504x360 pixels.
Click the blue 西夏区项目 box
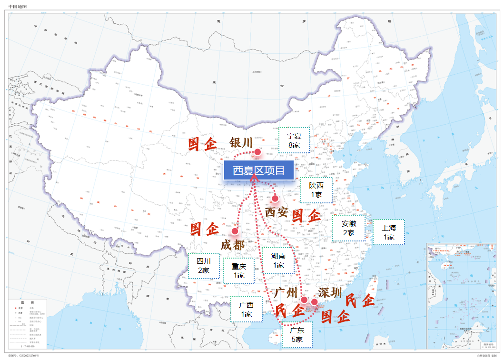click(x=258, y=170)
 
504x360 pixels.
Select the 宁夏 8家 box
click(x=294, y=140)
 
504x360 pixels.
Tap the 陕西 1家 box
click(x=316, y=190)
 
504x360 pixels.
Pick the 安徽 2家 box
click(x=348, y=228)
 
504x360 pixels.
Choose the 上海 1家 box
click(x=388, y=232)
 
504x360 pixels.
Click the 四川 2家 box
click(x=204, y=266)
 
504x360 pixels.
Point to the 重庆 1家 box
click(x=239, y=270)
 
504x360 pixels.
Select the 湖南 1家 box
click(x=278, y=260)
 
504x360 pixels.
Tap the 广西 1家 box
click(x=246, y=310)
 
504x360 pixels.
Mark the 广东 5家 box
click(x=297, y=335)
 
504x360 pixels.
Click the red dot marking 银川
click(x=257, y=152)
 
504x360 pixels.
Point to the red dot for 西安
click(x=275, y=198)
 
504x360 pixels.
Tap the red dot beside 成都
click(x=235, y=231)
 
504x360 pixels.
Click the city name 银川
click(x=241, y=143)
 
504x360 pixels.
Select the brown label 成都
click(x=233, y=245)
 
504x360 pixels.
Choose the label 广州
click(x=286, y=292)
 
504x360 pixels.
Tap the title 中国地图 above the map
click(x=18, y=6)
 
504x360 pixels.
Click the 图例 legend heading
click(x=28, y=303)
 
